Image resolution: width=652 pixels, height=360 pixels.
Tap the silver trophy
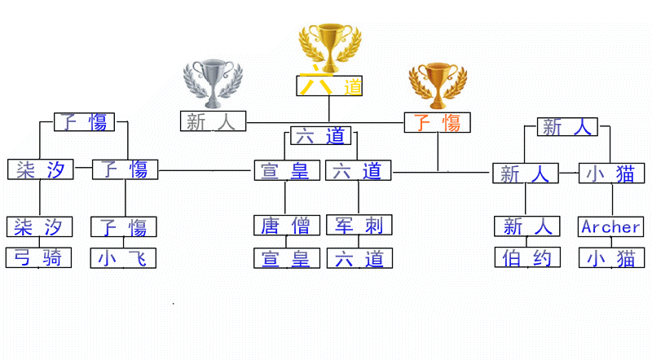pyautogui.click(x=213, y=81)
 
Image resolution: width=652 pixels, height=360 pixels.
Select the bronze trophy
pyautogui.click(x=437, y=86)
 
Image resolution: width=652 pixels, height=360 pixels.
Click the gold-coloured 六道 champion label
pyautogui.click(x=329, y=86)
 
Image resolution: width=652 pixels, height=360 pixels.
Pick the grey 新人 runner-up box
pyautogui.click(x=212, y=121)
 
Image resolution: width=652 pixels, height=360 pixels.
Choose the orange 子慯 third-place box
pyautogui.click(x=437, y=122)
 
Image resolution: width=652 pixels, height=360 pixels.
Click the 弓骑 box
pyautogui.click(x=39, y=257)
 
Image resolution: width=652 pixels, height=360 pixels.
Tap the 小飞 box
pyautogui.click(x=123, y=257)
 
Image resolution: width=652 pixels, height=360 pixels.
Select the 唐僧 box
pyautogui.click(x=285, y=225)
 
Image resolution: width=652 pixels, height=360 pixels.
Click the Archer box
pyautogui.click(x=611, y=226)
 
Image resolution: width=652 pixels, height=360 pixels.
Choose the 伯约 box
pyautogui.click(x=527, y=257)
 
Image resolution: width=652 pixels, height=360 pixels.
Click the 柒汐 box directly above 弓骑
pyautogui.click(x=39, y=226)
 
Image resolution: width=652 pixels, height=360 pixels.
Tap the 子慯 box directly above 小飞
pyautogui.click(x=123, y=226)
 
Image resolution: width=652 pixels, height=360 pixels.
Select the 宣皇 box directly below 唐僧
pyautogui.click(x=285, y=258)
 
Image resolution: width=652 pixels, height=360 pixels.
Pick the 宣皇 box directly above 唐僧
pyautogui.click(x=285, y=170)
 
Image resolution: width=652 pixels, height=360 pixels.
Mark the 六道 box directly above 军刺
pyautogui.click(x=359, y=170)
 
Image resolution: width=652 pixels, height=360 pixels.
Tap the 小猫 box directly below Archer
pyautogui.click(x=611, y=257)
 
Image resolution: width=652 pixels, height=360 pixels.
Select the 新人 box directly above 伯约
pyautogui.click(x=527, y=226)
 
